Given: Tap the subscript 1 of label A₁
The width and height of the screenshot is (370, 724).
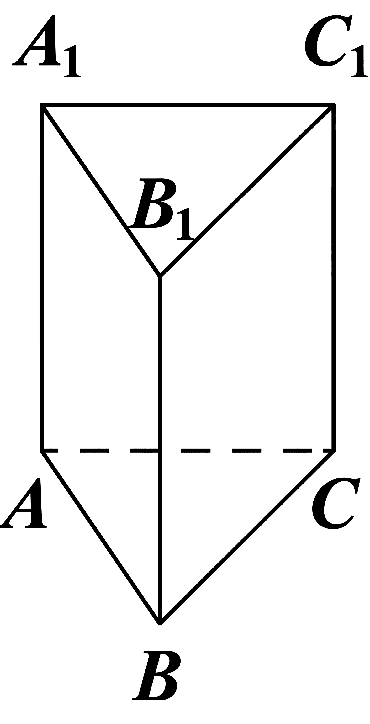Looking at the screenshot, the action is coord(72,61).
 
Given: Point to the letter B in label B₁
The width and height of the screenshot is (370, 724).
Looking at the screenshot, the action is coord(152,203).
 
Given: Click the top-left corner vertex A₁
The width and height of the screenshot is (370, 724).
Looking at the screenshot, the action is coord(42,105).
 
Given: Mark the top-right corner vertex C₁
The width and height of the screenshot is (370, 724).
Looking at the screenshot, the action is coord(334,105).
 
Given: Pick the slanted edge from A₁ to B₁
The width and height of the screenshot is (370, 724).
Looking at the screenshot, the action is coord(101,191).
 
